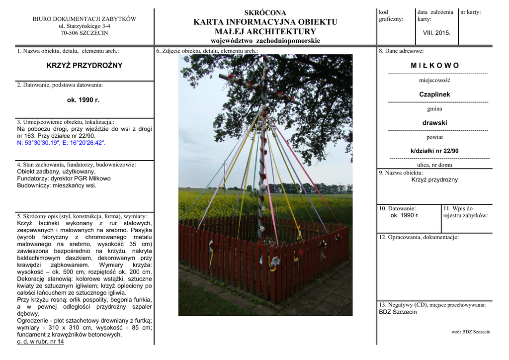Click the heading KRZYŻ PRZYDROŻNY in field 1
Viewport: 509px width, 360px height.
pos(84,66)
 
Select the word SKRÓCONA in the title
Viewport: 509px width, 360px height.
pos(265,12)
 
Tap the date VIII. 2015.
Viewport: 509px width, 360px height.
pos(436,33)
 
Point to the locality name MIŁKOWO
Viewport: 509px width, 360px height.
pos(434,66)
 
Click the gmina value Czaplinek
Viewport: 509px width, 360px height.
pos(434,94)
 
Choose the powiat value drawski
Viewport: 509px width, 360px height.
pos(434,123)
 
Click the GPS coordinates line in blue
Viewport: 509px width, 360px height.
pos(61,143)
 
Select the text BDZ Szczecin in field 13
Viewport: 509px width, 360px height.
pos(398,312)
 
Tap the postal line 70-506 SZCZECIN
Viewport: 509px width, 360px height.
pos(84,33)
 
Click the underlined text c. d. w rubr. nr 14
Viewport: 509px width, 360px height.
pos(40,342)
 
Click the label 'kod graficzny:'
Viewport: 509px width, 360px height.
pos(391,15)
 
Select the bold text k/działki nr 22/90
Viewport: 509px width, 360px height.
pos(434,151)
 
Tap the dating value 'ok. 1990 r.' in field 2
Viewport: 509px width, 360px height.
pos(83,100)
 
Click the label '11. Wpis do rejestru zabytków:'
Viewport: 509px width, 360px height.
pos(465,212)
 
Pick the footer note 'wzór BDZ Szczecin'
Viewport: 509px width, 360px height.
pos(471,332)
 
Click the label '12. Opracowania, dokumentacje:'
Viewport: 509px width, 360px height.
pos(419,237)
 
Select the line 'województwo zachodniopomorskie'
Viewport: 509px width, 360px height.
pos(265,41)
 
